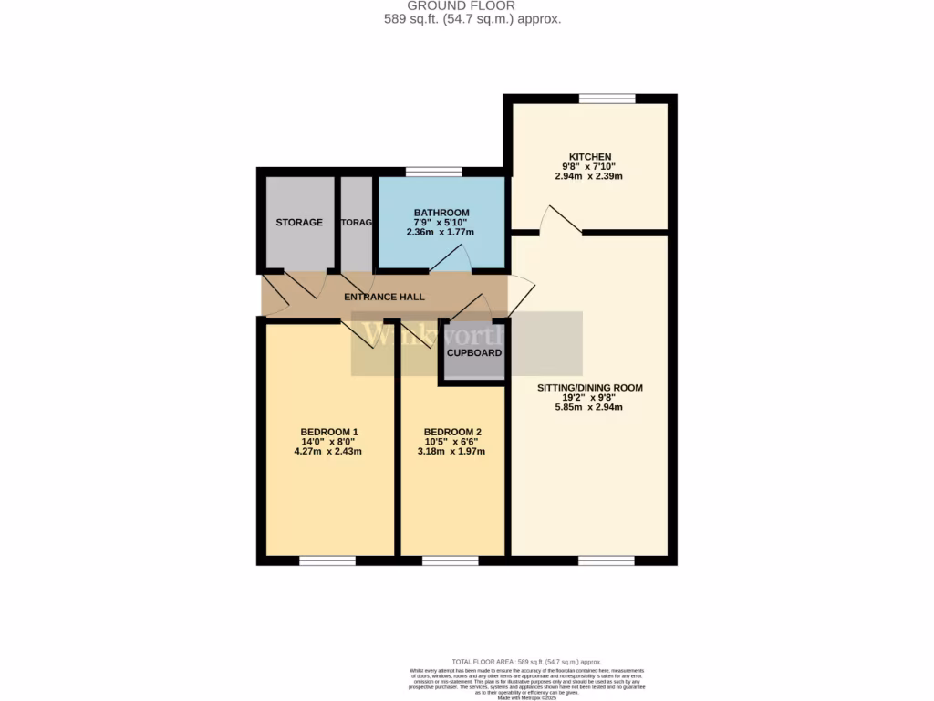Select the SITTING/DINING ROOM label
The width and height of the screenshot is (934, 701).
click(x=589, y=388)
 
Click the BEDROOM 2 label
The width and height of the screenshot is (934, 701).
click(x=452, y=432)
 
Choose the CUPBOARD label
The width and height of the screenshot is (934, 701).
click(x=473, y=352)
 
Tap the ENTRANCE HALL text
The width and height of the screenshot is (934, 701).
click(x=384, y=298)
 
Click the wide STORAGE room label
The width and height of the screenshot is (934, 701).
click(x=299, y=222)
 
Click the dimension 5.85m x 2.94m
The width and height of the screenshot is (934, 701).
click(x=589, y=408)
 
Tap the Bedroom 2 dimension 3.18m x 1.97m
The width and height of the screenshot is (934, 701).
click(x=452, y=452)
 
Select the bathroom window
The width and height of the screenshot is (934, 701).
click(x=433, y=172)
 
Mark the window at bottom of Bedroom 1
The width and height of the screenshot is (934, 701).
click(x=327, y=560)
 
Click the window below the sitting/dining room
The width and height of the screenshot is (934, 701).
click(x=607, y=560)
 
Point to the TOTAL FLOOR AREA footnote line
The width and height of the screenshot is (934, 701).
click(x=526, y=662)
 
